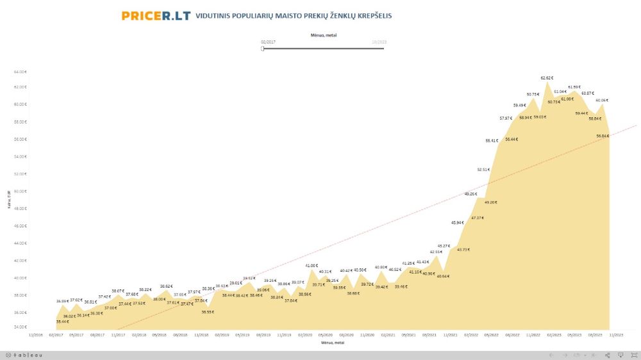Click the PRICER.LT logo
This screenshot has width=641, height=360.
tap(156, 15)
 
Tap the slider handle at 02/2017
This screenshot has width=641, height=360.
tap(263, 48)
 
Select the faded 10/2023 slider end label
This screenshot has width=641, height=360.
tap(379, 42)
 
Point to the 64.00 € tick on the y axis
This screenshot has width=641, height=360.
tap(21, 71)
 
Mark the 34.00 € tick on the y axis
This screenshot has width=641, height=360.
tap(21, 327)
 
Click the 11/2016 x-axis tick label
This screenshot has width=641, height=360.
tap(36, 334)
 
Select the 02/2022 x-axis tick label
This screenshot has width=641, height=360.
tap(471, 334)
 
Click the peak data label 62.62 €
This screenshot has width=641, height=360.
tap(547, 78)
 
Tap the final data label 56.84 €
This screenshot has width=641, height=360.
tap(602, 136)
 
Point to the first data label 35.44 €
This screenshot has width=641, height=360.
tap(62, 321)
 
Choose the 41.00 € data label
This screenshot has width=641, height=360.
tap(312, 265)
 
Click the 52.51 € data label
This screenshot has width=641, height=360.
tap(483, 170)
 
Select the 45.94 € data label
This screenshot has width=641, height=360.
tap(457, 222)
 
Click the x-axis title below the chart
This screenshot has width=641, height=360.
tap(333, 343)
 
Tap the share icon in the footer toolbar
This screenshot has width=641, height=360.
tap(608, 355)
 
